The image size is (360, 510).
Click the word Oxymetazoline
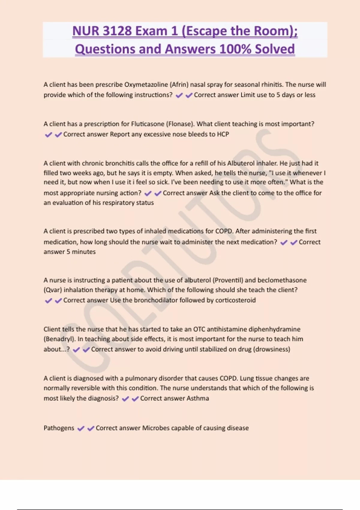(146, 85)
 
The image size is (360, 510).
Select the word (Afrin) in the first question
(179, 85)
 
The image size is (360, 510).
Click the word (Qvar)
(52, 290)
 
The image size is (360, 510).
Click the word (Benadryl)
(59, 339)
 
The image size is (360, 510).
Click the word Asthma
(198, 398)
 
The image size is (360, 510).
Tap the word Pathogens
(59, 428)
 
